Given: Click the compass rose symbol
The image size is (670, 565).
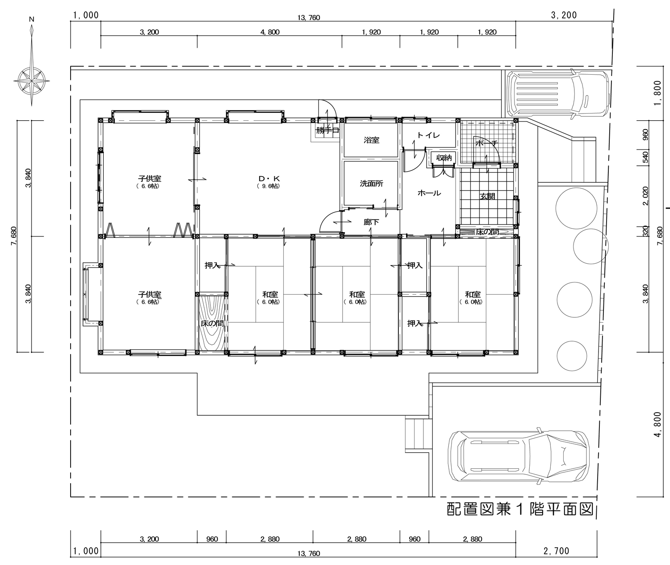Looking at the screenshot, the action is tap(31, 80).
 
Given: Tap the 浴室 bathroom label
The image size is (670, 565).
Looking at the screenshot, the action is tap(371, 140).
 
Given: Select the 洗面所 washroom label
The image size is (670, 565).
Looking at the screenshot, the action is tap(371, 184).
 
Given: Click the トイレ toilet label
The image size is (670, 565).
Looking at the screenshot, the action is tap(428, 135).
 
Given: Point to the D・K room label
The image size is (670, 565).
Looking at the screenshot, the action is tap(269, 179).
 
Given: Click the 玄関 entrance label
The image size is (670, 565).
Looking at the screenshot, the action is tap(487, 196).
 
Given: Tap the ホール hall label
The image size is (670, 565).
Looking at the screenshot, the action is tap(429, 193).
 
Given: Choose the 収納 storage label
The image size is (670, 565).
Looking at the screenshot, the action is tap(444, 157).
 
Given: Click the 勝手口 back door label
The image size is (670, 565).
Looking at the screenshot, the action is tap(327, 131).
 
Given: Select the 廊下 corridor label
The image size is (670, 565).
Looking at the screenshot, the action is tap(371, 222).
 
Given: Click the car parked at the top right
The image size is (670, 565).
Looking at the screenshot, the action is tap(558, 93).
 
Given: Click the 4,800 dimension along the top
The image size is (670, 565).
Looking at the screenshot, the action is tap(270, 32).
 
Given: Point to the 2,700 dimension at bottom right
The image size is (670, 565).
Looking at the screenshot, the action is tap(556, 551).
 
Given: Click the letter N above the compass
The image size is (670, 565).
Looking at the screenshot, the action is tap(31, 19).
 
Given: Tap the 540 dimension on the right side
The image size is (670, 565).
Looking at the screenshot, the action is tap(645, 157).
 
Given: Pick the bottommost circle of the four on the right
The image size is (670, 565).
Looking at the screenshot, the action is tap(572, 355).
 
